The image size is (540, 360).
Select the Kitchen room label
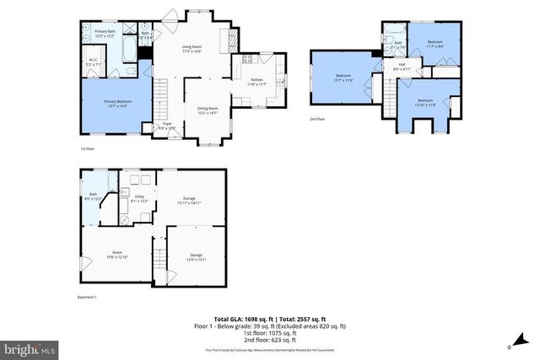click(x=257, y=82)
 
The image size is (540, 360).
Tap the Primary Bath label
click(x=105, y=33)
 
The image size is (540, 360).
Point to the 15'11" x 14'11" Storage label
click(x=188, y=201)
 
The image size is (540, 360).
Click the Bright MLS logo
click(x=30, y=347)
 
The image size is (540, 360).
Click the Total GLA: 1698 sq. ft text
click(x=241, y=318)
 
